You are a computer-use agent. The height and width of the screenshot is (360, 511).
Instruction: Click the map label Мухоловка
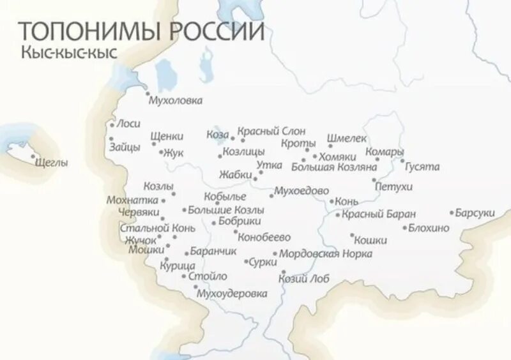pyautogui.click(x=175, y=101)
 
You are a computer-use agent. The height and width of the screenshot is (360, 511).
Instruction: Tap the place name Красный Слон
pyautogui.click(x=271, y=131)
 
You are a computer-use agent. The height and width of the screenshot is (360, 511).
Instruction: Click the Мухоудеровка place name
pyautogui.click(x=231, y=294)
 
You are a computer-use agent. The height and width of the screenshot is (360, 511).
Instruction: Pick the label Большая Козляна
pyautogui.click(x=333, y=167)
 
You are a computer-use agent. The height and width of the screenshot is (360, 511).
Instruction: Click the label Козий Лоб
pyautogui.click(x=303, y=278)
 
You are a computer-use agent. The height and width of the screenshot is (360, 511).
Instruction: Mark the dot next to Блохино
pyautogui.click(x=404, y=228)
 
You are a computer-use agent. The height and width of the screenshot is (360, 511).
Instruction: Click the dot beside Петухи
pyautogui.click(x=374, y=181)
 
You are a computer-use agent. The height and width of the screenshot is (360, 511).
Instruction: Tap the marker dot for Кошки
pyautogui.click(x=351, y=235)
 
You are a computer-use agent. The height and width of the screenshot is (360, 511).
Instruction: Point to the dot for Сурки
pyautogui.click(x=246, y=262)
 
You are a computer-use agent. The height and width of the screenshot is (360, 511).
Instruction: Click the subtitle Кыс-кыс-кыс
pyautogui.click(x=69, y=53)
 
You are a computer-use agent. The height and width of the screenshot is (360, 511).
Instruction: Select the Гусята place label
pyautogui.click(x=422, y=167)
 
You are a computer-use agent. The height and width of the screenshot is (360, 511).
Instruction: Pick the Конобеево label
pyautogui.click(x=264, y=237)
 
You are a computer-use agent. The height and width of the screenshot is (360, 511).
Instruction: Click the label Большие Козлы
pyautogui.click(x=217, y=209)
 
